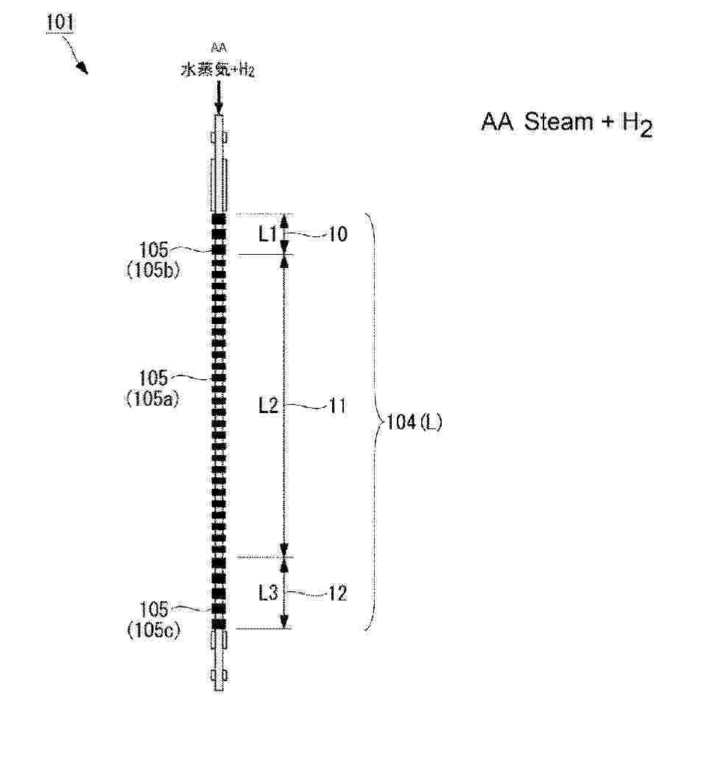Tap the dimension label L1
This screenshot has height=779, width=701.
(x=268, y=233)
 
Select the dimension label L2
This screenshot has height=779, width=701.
(x=268, y=406)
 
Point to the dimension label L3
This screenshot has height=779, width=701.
(x=268, y=592)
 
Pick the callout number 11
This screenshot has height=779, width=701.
(x=337, y=406)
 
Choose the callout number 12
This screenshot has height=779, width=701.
(x=337, y=593)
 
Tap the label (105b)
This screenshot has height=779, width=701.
(x=153, y=269)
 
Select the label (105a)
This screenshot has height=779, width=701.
(x=152, y=398)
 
